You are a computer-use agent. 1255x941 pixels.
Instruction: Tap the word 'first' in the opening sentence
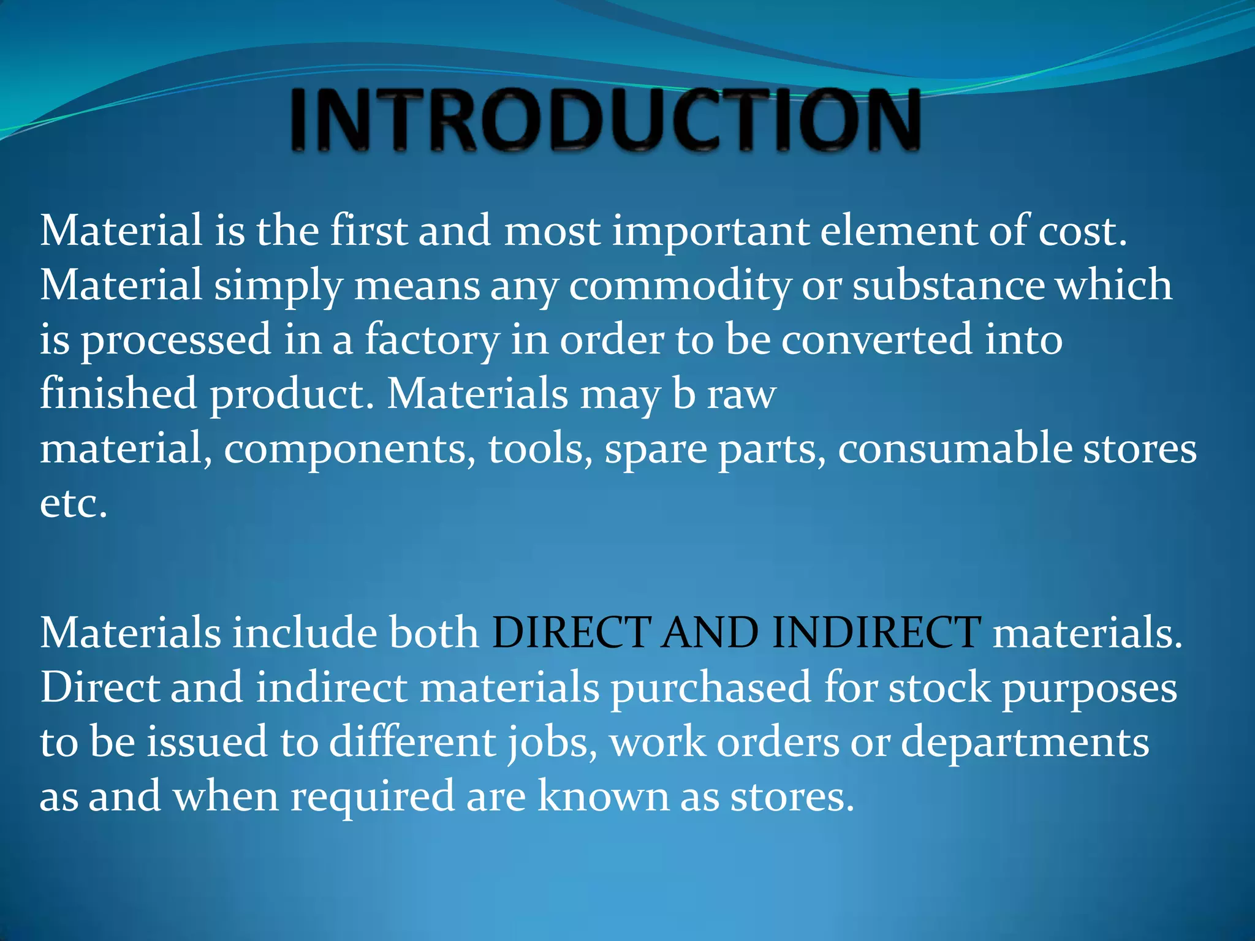(368, 231)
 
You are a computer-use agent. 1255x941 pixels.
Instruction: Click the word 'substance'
(948, 285)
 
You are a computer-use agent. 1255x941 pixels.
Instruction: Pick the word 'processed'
(176, 341)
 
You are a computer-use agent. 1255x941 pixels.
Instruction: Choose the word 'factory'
(431, 341)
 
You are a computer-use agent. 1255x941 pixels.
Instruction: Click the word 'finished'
(118, 393)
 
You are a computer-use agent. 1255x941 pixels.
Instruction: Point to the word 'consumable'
(955, 448)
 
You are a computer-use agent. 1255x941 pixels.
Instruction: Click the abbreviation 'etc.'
(74, 504)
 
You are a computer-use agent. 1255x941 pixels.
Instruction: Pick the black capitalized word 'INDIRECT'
(876, 632)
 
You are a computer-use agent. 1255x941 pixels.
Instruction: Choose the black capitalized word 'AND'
(711, 632)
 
